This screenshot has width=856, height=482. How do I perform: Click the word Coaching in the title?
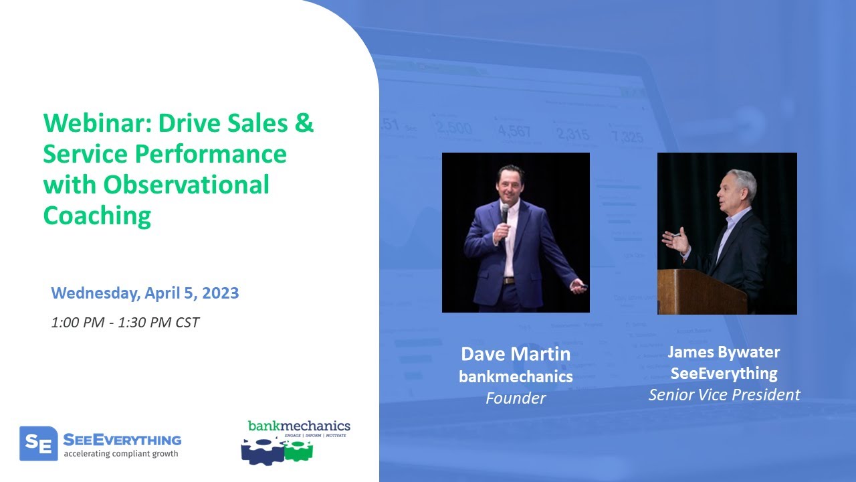pos(97,216)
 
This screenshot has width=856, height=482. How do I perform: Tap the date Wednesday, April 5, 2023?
pos(145,293)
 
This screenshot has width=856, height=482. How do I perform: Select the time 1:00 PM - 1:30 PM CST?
pos(125,322)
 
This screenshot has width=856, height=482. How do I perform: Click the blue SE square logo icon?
pos(38,443)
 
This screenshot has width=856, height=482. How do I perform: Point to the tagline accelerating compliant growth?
pos(120,453)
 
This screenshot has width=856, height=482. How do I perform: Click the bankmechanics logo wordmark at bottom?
pos(299,426)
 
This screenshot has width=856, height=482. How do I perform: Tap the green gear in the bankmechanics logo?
pos(298,450)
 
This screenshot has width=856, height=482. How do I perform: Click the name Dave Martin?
pos(516,354)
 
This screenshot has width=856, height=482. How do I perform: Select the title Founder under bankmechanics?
pos(516,398)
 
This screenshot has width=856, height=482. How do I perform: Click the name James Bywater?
pos(724,351)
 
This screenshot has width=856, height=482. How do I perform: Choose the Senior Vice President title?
pos(724,395)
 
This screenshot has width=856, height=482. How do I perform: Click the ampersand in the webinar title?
pos(305,124)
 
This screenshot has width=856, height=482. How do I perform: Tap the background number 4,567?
pos(514,131)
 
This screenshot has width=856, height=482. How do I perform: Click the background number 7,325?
pos(627,137)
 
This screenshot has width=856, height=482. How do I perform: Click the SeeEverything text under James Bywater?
pos(724,373)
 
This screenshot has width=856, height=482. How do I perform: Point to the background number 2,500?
pos(453,128)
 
